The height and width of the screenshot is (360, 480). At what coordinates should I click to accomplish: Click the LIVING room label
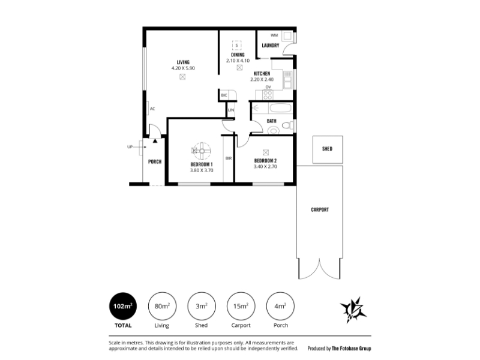pyautogui.click(x=183, y=62)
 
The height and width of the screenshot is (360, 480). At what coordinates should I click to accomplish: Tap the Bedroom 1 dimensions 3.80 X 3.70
pyautogui.click(x=202, y=170)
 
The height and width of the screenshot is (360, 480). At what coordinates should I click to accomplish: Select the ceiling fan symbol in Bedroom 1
pyautogui.click(x=202, y=151)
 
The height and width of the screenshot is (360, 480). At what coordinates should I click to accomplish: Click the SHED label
pyautogui.click(x=327, y=149)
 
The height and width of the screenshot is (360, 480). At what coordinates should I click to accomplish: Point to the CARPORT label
pyautogui.click(x=320, y=209)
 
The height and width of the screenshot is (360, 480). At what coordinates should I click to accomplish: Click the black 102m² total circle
pyautogui.click(x=123, y=306)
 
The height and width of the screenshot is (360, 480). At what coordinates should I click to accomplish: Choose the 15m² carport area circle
pyautogui.click(x=241, y=306)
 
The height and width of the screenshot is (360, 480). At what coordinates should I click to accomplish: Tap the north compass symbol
pyautogui.click(x=353, y=310)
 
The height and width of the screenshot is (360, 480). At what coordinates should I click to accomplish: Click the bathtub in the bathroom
pyautogui.click(x=281, y=108)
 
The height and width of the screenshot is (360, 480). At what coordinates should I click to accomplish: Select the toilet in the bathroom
pyautogui.click(x=287, y=125)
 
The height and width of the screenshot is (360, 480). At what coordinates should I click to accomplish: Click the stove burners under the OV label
pyautogui.click(x=268, y=95)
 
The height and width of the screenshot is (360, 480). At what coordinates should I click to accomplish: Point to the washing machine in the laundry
pyautogui.click(x=287, y=36)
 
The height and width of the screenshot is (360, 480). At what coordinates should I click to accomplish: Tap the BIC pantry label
pyautogui.click(x=224, y=95)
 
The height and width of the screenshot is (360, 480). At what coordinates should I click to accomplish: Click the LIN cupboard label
pyautogui.click(x=231, y=110)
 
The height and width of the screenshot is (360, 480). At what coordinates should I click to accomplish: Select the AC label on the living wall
pyautogui.click(x=152, y=109)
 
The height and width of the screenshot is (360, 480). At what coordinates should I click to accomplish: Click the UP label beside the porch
pyautogui.click(x=130, y=147)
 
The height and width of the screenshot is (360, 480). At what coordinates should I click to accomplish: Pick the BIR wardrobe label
pyautogui.click(x=229, y=158)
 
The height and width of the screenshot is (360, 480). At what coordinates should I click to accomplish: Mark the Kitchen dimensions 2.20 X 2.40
pyautogui.click(x=262, y=80)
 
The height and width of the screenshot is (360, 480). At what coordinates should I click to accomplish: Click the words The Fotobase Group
pyautogui.click(x=352, y=349)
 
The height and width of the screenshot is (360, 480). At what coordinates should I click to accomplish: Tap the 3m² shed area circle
pyautogui.click(x=202, y=306)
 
